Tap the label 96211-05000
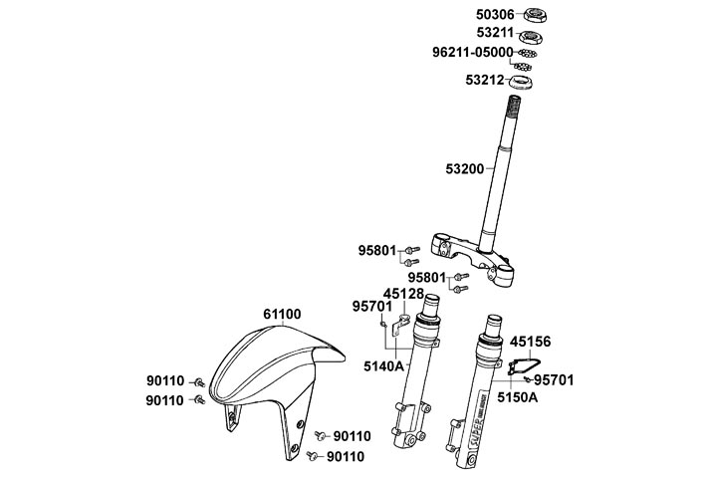click(473, 52)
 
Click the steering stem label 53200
click(465, 169)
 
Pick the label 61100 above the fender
click(282, 315)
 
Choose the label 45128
click(403, 294)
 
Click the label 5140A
click(383, 365)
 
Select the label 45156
click(531, 341)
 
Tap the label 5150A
click(518, 396)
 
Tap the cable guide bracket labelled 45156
click(524, 364)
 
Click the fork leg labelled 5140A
click(422, 378)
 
